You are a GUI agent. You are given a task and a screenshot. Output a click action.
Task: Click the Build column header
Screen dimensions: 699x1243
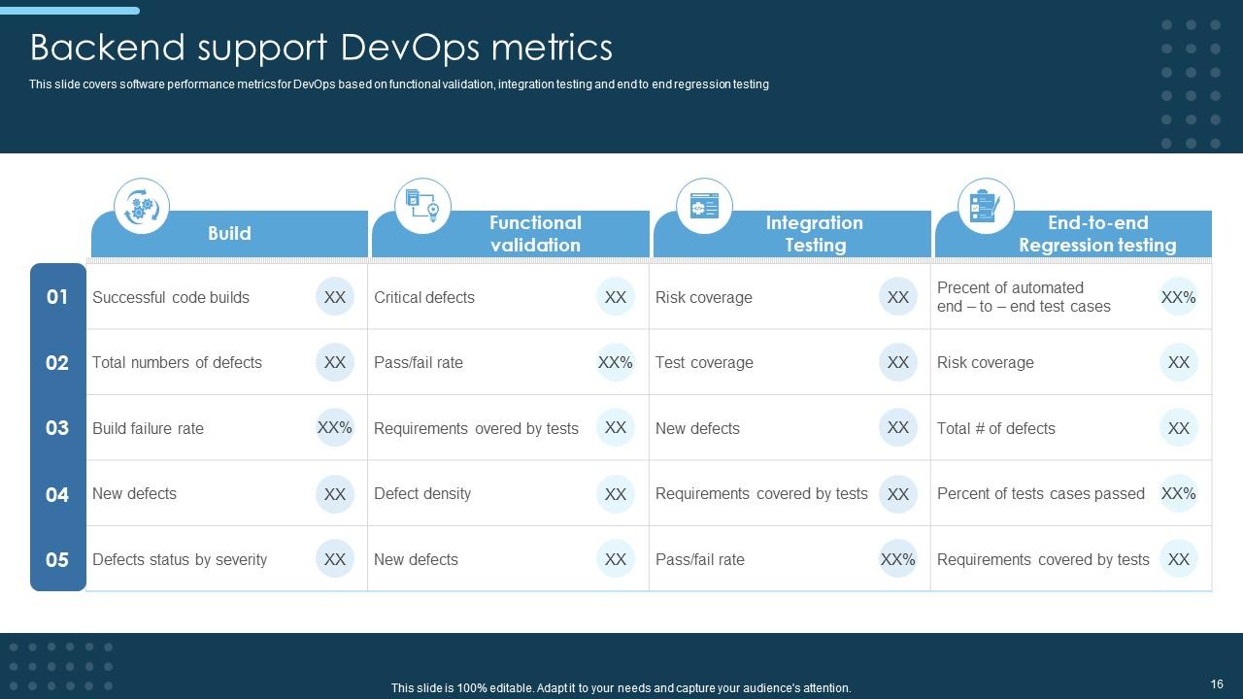pyautogui.click(x=229, y=234)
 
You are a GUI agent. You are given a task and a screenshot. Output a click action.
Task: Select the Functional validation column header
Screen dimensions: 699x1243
pyautogui.click(x=535, y=234)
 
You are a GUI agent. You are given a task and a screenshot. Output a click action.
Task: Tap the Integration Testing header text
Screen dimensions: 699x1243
pyautogui.click(x=814, y=234)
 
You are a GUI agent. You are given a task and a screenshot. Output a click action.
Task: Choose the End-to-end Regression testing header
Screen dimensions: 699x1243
pyautogui.click(x=1096, y=234)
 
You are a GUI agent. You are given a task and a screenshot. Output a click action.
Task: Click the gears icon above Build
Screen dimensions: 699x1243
pyautogui.click(x=142, y=206)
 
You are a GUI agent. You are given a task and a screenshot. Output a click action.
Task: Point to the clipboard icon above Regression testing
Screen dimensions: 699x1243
pyautogui.click(x=986, y=206)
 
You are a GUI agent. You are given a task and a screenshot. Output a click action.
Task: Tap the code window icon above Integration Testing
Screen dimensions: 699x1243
pyautogui.click(x=704, y=206)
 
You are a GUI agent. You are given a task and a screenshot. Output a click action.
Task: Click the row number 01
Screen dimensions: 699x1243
pyautogui.click(x=57, y=297)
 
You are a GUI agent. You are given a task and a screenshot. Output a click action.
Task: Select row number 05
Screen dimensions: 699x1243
pyautogui.click(x=57, y=559)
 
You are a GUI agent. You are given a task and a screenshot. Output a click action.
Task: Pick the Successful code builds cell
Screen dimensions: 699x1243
pyautogui.click(x=171, y=297)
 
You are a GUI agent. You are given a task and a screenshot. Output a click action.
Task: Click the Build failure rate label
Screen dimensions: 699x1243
pyautogui.click(x=148, y=428)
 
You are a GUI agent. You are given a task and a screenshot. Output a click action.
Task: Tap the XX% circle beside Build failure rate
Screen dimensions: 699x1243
pyautogui.click(x=334, y=427)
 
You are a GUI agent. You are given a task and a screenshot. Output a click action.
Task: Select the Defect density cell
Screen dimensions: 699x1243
pyautogui.click(x=422, y=493)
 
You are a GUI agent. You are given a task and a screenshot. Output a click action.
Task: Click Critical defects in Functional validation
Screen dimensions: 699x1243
pyautogui.click(x=424, y=297)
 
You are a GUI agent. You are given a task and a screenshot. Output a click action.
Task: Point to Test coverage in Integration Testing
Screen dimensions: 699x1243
pyautogui.click(x=704, y=362)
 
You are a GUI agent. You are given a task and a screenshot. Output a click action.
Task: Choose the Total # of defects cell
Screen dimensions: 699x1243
pyautogui.click(x=995, y=428)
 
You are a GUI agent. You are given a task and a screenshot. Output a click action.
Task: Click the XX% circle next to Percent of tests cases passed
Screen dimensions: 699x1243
pyautogui.click(x=1178, y=493)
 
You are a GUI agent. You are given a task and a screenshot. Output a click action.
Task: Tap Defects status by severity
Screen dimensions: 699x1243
pyautogui.click(x=180, y=559)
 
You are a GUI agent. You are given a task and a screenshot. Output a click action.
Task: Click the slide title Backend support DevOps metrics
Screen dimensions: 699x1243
pyautogui.click(x=321, y=47)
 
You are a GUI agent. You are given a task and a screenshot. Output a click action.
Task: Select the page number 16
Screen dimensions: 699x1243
pyautogui.click(x=1217, y=684)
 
